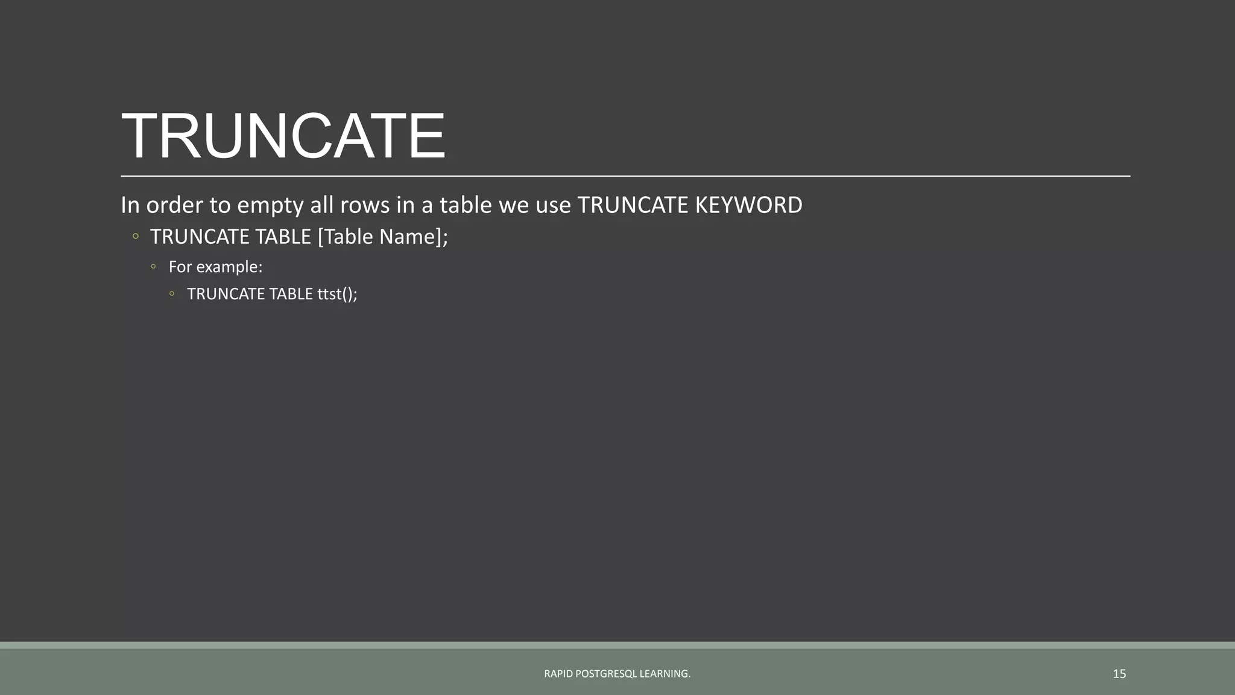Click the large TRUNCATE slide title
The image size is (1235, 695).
(283, 136)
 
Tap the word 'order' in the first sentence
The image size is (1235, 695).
(174, 206)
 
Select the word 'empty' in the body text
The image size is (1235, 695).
(270, 206)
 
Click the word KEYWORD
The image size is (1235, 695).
(748, 206)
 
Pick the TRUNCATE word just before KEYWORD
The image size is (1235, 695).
(633, 206)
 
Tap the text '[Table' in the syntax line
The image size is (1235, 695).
(345, 237)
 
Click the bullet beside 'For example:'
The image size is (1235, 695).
(154, 266)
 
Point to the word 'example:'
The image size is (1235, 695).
(229, 267)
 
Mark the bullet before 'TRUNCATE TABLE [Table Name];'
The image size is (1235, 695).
(136, 236)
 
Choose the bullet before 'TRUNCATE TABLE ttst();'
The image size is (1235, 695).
(172, 294)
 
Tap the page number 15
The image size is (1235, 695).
(1119, 674)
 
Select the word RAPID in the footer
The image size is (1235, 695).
(558, 674)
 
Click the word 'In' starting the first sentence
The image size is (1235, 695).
(130, 206)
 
